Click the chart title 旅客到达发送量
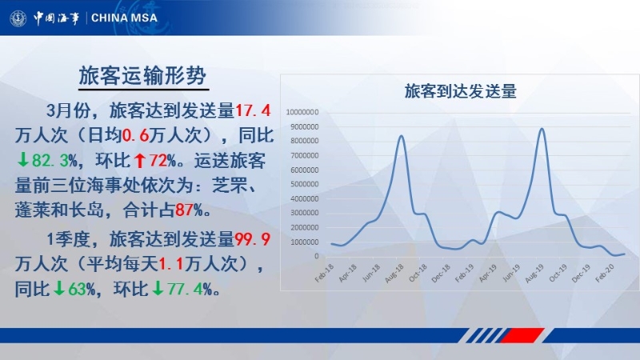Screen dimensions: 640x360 tap(461, 91)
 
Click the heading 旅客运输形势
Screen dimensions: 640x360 tap(143, 75)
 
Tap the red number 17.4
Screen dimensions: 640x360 tap(253, 110)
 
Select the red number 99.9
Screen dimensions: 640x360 tap(253, 239)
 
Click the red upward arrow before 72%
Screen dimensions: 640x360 tap(139, 161)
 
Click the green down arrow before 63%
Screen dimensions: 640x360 tap(59, 289)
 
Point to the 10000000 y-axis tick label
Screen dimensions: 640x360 tap(302, 112)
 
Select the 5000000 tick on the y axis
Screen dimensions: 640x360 tap(305, 184)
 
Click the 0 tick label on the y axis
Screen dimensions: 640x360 tap(316, 256)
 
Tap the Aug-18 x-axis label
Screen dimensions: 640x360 tap(394, 273)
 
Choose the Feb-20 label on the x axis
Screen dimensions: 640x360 tap(605, 273)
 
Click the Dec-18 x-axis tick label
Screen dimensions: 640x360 tap(442, 273)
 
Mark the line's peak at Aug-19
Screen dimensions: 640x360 tap(542, 129)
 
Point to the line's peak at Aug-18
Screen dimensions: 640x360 tap(402, 136)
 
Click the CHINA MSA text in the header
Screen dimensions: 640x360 tap(124, 18)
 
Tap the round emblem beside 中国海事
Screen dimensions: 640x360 tap(18, 18)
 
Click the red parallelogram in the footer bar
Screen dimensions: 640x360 tap(523, 335)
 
